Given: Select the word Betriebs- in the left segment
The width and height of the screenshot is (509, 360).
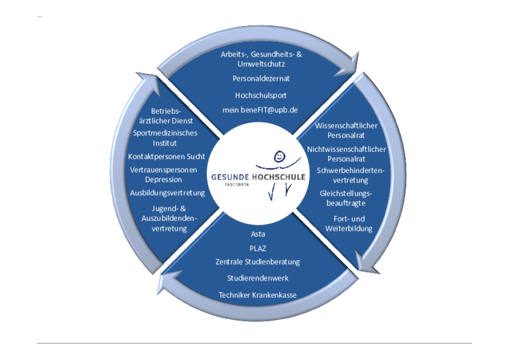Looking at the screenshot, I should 166,110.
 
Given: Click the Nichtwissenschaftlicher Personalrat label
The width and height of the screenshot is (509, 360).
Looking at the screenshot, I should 346,153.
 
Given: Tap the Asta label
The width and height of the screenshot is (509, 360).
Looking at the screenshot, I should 258,235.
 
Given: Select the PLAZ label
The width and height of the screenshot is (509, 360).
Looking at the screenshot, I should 258,249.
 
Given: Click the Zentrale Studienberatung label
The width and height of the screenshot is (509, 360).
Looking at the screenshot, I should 258,261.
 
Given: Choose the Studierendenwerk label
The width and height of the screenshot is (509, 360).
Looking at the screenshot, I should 258,278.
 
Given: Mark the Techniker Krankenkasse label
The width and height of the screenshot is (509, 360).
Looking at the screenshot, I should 258,295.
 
